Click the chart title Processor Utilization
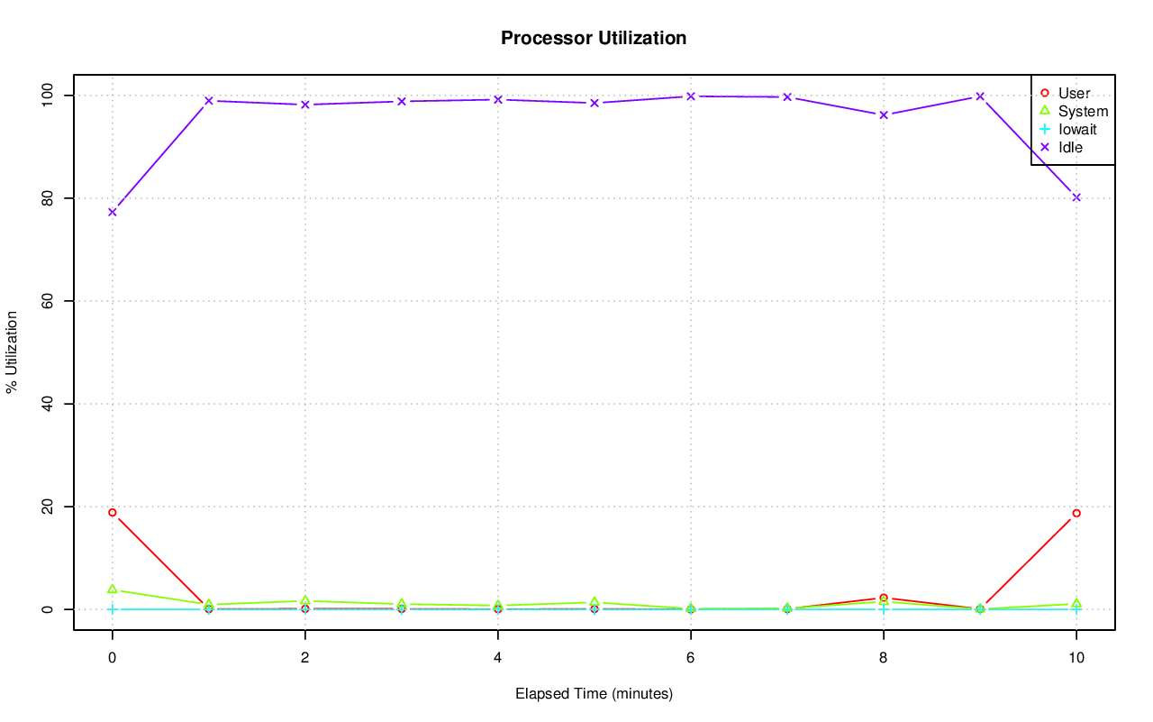594,38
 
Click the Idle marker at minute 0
113,212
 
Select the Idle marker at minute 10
1076,197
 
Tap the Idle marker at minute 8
883,114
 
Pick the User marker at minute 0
113,512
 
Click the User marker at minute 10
1076,513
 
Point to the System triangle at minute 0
113,589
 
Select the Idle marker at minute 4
497,99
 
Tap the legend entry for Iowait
1076,129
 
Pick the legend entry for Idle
1070,147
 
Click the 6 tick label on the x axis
690,658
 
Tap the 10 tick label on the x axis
1076,658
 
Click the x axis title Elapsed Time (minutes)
594,694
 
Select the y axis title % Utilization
12,352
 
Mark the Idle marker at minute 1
208,101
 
